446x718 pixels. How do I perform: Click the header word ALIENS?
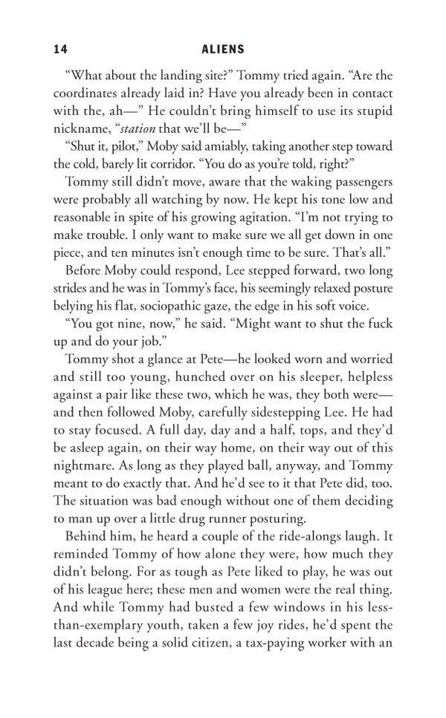click(x=223, y=49)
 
